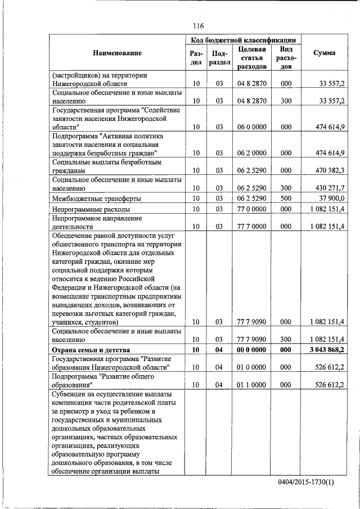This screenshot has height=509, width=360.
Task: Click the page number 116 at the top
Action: click(x=197, y=26)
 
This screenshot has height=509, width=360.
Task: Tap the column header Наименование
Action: click(x=118, y=53)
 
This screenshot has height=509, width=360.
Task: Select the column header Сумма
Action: click(x=325, y=53)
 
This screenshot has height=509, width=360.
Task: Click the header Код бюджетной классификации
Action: click(x=242, y=40)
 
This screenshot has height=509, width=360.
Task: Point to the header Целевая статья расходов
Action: click(x=251, y=58)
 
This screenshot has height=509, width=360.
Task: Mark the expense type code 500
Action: click(x=286, y=199)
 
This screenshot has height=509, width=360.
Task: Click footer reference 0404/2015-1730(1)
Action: click(x=305, y=484)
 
